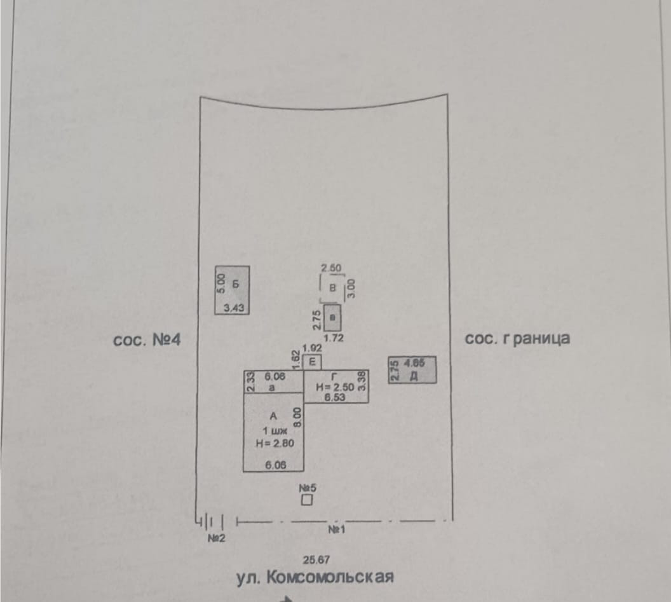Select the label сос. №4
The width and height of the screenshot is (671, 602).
tap(147, 339)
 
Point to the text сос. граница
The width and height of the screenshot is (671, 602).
tap(517, 338)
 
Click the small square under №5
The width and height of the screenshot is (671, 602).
tap(308, 501)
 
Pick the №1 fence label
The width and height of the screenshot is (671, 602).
tap(336, 529)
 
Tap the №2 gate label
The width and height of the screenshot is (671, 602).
tap(217, 538)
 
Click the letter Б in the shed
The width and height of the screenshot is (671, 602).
tap(236, 284)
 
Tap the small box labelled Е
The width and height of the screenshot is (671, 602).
tap(311, 362)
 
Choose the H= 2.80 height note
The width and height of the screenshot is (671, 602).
tap(274, 444)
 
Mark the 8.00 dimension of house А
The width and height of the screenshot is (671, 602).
tap(297, 417)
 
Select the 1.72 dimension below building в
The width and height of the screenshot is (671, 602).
tap(334, 338)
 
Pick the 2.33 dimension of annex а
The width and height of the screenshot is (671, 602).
tap(250, 381)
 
